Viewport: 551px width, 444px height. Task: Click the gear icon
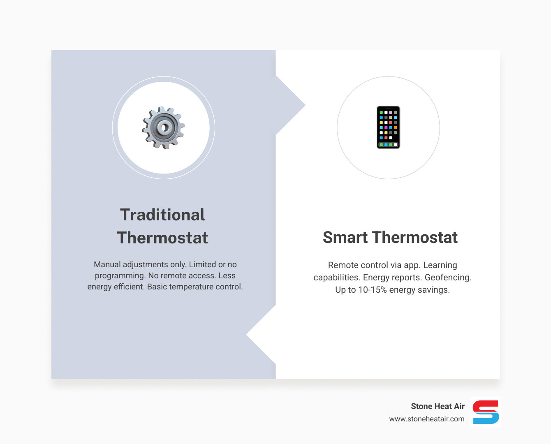pyautogui.click(x=163, y=127)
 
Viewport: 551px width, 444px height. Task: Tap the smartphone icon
pyautogui.click(x=388, y=127)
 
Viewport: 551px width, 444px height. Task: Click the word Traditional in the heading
pyautogui.click(x=162, y=215)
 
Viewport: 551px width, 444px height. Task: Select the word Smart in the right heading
pyautogui.click(x=345, y=238)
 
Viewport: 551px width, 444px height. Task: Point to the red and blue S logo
pyautogui.click(x=486, y=412)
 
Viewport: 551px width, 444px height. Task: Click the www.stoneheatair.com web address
pyautogui.click(x=427, y=419)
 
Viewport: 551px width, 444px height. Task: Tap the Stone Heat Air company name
pyautogui.click(x=438, y=406)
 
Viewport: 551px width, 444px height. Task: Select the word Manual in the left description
pyautogui.click(x=107, y=264)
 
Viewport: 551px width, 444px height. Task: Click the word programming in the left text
pyautogui.click(x=120, y=275)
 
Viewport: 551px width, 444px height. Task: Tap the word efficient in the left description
pyautogui.click(x=129, y=287)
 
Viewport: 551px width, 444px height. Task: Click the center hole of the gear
pyautogui.click(x=164, y=127)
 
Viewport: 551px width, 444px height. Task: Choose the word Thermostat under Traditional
pyautogui.click(x=162, y=238)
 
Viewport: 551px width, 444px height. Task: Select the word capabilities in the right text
pyautogui.click(x=336, y=277)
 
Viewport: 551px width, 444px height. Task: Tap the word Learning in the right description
pyautogui.click(x=440, y=265)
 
